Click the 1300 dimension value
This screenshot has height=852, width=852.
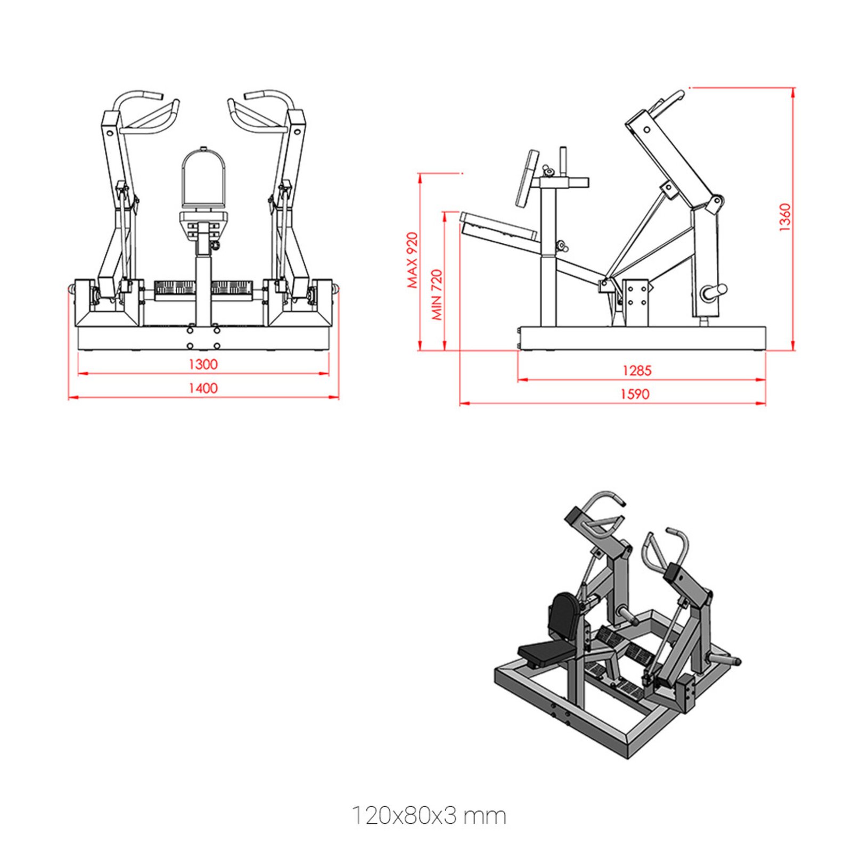pos(203,364)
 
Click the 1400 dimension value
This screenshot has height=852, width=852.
pos(203,388)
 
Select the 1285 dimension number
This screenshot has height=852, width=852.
pos(636,371)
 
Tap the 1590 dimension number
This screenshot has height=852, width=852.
pos(635,395)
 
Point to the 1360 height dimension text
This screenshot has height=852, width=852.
pos(785,217)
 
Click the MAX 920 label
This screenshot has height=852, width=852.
pos(413,260)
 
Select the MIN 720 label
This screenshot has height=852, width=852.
pos(437,294)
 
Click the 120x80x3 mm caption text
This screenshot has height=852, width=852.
pos(429,815)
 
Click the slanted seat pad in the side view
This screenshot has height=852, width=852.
pos(498,226)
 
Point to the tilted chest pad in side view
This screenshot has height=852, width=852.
pos(527,178)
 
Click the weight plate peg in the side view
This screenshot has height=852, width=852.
pos(714,291)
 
